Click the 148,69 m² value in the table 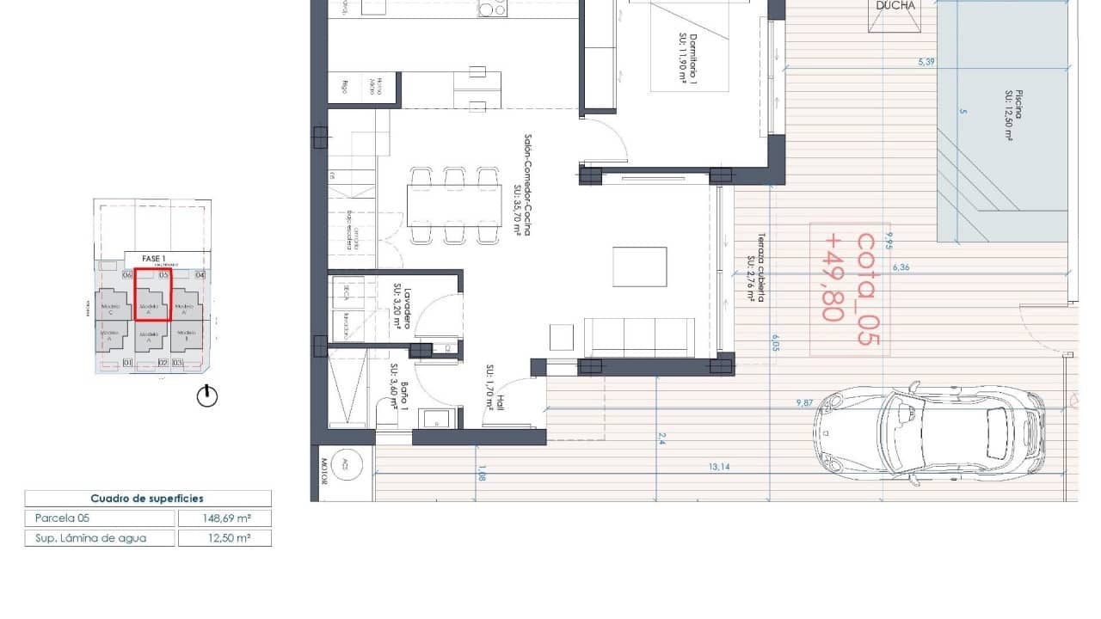tap(225, 518)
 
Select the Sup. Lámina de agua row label tap(90, 538)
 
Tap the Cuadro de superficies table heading tap(147, 499)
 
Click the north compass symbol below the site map tap(207, 396)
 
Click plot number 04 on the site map tap(200, 275)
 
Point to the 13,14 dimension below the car tap(719, 467)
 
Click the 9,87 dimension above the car tap(804, 402)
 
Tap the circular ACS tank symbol tap(345, 464)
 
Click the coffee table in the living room tap(639, 267)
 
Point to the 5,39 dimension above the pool tap(926, 62)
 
